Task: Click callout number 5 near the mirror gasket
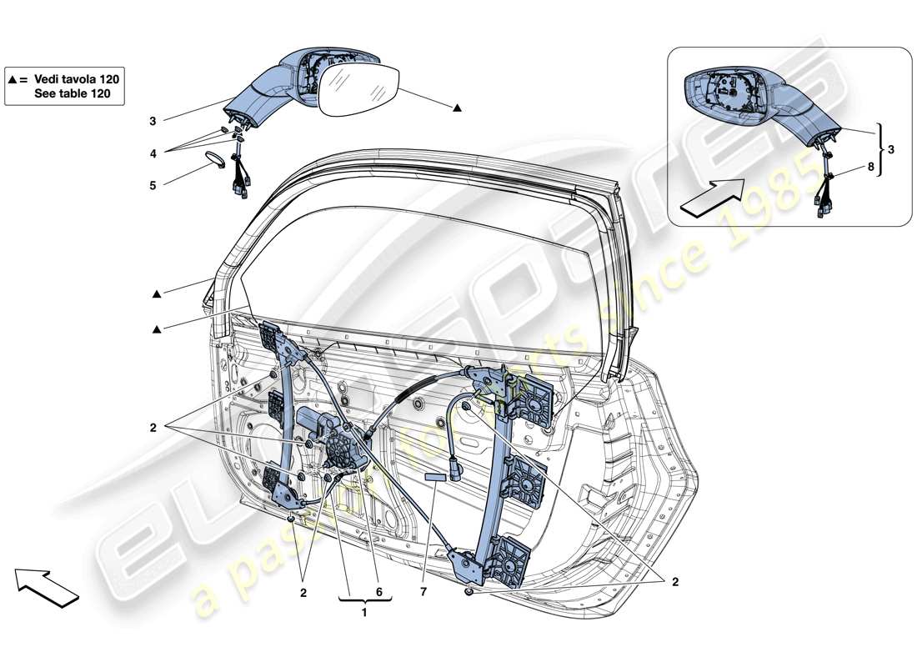[153, 186]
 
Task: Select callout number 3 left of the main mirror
[153, 121]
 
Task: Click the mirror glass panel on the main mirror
[359, 90]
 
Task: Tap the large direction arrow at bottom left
[47, 584]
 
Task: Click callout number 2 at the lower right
[674, 582]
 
